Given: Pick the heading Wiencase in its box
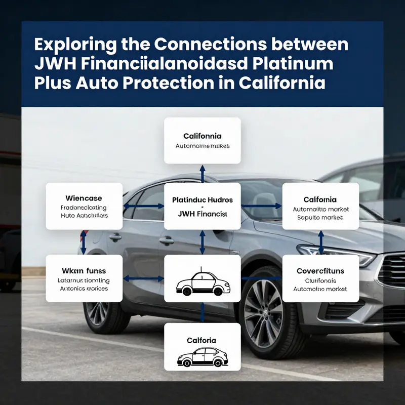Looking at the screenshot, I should tap(84, 198).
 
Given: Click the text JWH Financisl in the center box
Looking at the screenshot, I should tap(202, 214).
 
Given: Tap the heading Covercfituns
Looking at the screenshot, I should tap(320, 271).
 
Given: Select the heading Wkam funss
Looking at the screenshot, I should tap(84, 271).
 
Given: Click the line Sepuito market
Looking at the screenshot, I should tap(320, 217).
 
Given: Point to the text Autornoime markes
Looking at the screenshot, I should tap(202, 146).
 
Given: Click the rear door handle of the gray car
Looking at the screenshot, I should tap(115, 237).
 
